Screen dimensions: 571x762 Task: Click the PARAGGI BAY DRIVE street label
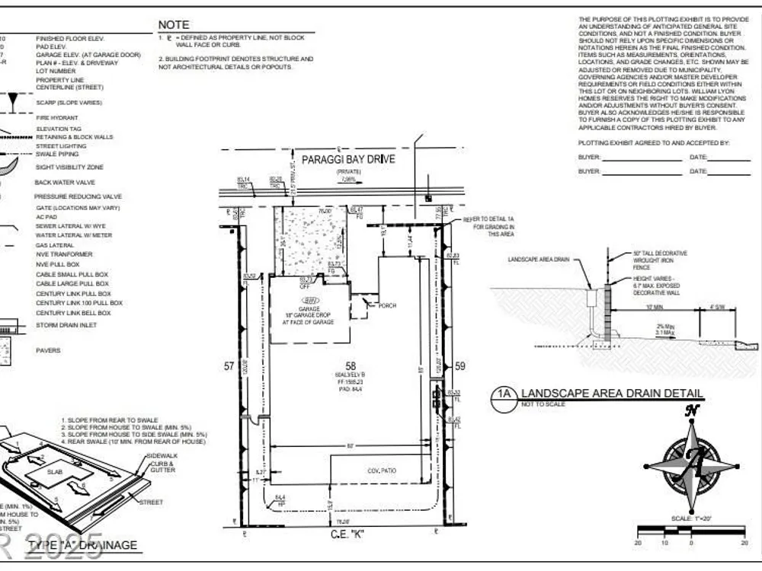click(x=348, y=159)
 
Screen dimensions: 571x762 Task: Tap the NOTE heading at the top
click(x=174, y=25)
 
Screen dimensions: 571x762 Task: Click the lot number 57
click(x=229, y=367)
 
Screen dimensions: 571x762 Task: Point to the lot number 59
click(x=459, y=367)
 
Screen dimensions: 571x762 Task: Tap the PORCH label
click(x=387, y=305)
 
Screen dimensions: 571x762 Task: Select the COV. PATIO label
click(x=383, y=471)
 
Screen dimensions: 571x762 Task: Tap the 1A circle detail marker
click(x=503, y=394)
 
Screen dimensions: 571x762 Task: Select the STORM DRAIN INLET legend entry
click(x=69, y=325)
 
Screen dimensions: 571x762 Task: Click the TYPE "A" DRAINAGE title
click(x=83, y=545)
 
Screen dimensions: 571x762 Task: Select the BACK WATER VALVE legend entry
click(x=65, y=182)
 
